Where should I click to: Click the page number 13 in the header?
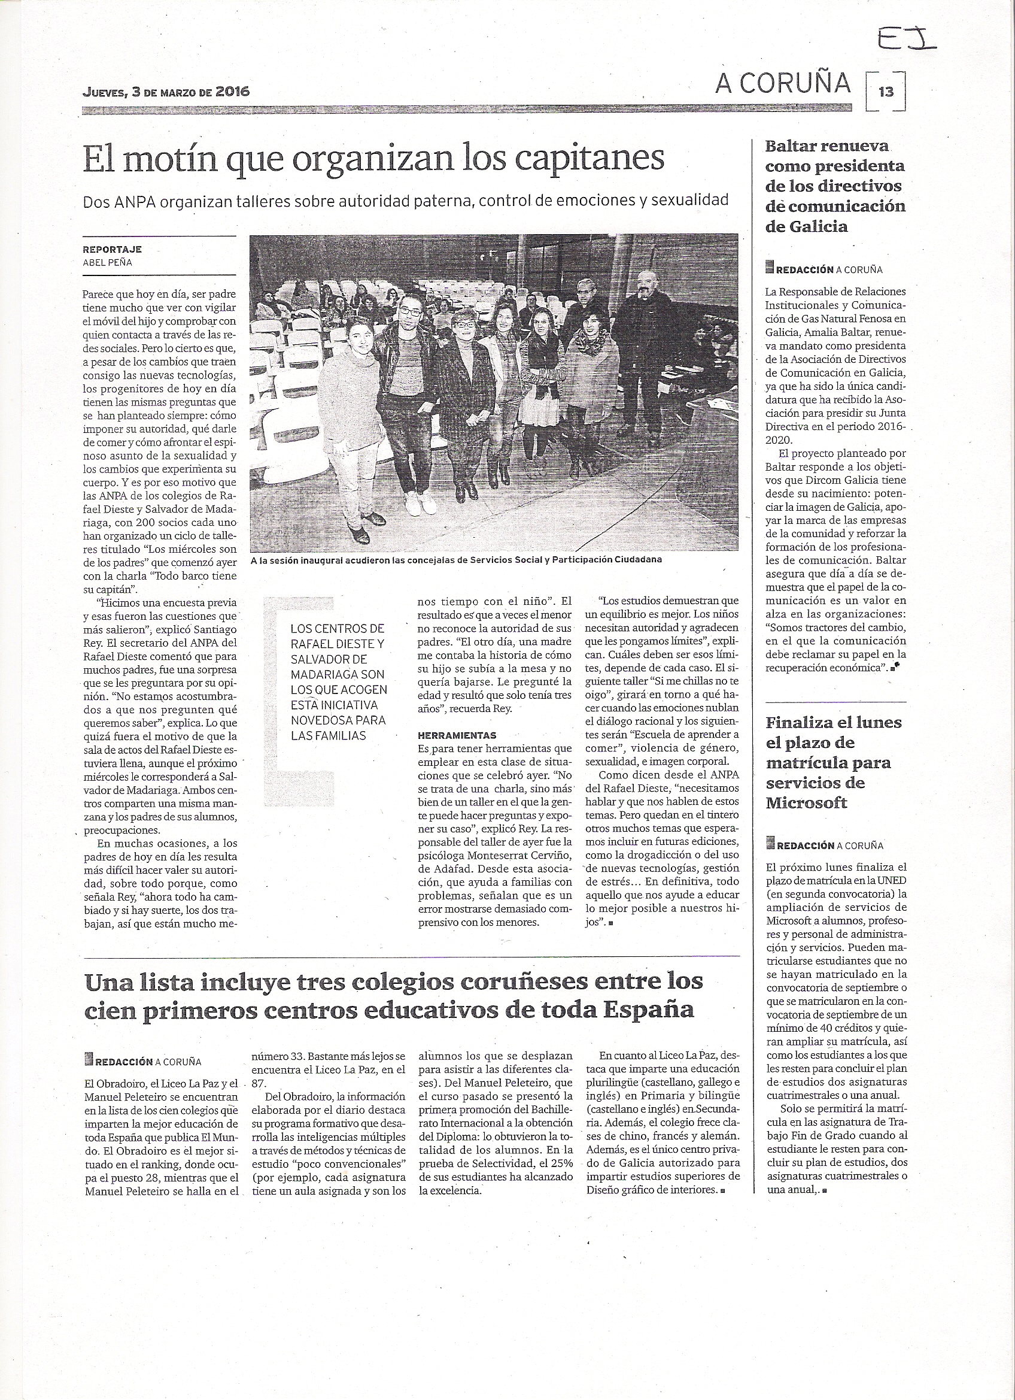(x=886, y=92)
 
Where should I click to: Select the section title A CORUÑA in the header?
(x=783, y=84)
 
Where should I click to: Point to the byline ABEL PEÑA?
(x=107, y=262)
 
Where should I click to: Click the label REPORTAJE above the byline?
(x=113, y=249)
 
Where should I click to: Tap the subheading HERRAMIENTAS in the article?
(x=457, y=735)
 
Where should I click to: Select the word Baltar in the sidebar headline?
(x=794, y=146)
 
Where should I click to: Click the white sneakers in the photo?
(x=415, y=505)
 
